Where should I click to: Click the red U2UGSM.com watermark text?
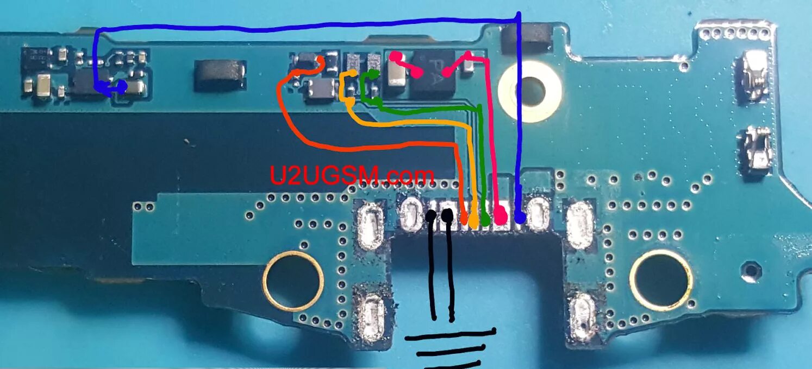tap(352, 175)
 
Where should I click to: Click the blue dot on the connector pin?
tap(520, 218)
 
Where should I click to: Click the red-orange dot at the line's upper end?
tap(320, 60)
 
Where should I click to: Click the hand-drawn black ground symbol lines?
tap(448, 347)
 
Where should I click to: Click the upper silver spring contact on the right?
tap(754, 75)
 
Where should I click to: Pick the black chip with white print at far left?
tap(36, 56)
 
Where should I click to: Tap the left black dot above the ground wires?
tap(431, 217)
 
